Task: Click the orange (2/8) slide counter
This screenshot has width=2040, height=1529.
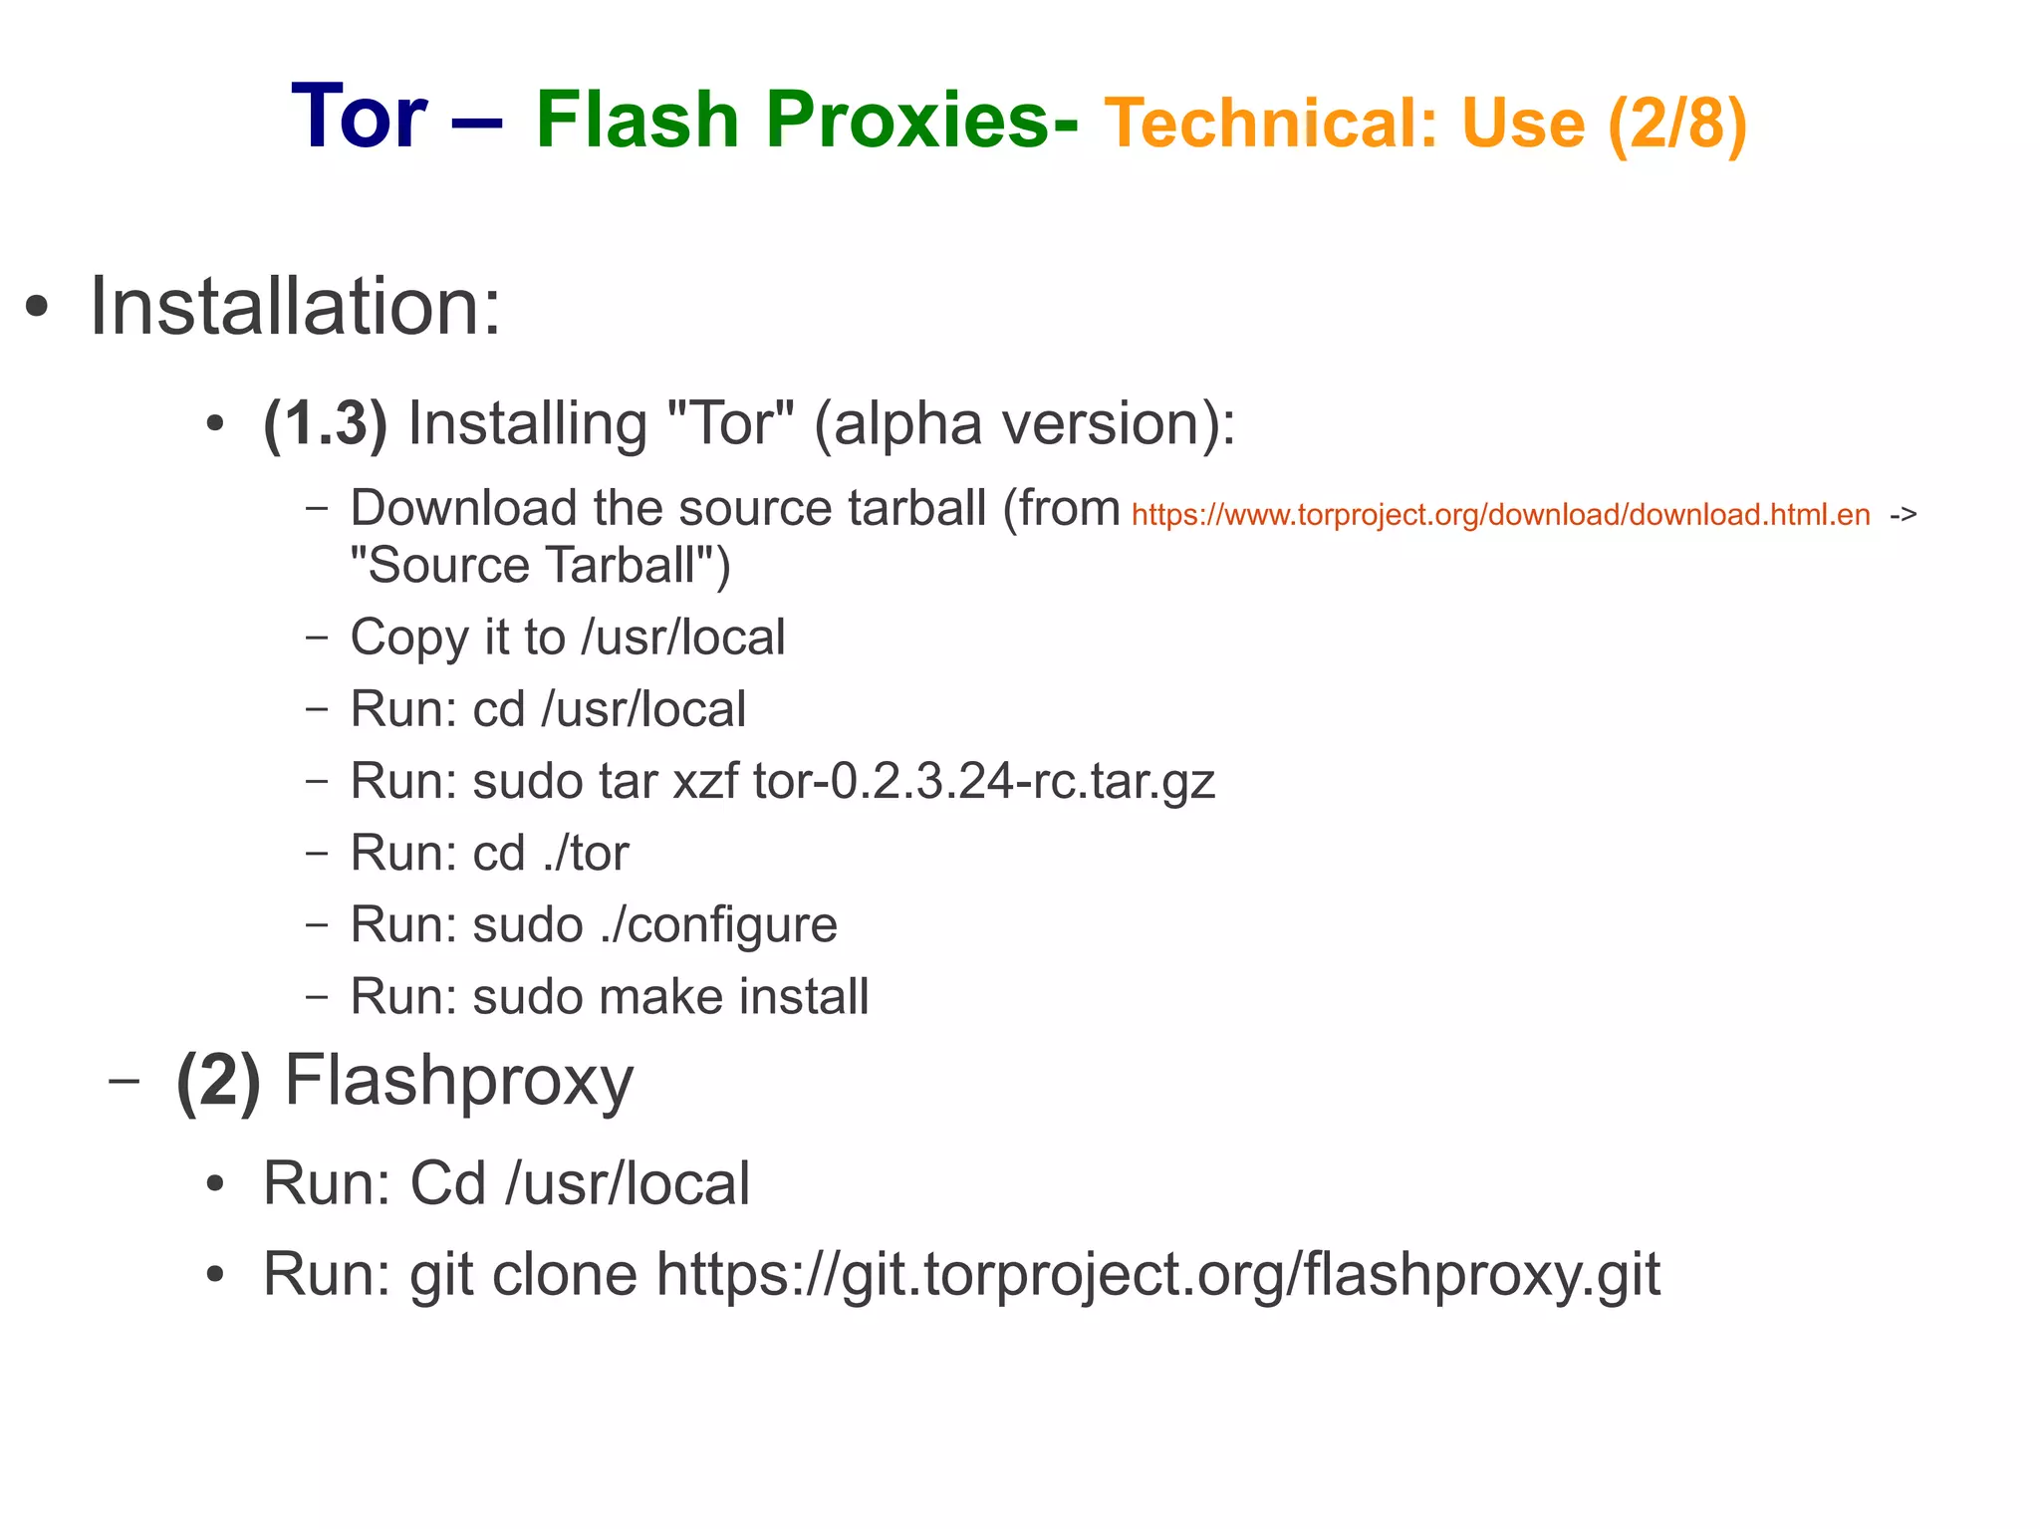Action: (1677, 124)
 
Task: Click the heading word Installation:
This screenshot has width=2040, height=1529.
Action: (296, 306)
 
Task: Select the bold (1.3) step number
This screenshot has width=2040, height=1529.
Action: (325, 423)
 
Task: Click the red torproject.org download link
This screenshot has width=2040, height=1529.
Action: (1500, 515)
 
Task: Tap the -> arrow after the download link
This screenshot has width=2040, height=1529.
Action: (1903, 515)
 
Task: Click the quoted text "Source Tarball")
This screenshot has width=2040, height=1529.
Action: (540, 565)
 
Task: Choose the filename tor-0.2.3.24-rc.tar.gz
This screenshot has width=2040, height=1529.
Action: (984, 781)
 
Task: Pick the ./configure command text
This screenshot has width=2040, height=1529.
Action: (718, 924)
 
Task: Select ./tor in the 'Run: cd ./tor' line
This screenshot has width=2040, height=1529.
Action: (586, 853)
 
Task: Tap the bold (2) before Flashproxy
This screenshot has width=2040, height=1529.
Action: (218, 1080)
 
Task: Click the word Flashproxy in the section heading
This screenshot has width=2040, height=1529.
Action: (459, 1080)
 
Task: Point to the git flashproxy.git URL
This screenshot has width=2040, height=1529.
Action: (1157, 1274)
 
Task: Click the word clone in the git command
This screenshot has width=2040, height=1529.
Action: (565, 1274)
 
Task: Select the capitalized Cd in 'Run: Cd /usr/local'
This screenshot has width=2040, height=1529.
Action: (447, 1183)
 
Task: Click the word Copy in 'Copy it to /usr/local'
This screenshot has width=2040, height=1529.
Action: (408, 637)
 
